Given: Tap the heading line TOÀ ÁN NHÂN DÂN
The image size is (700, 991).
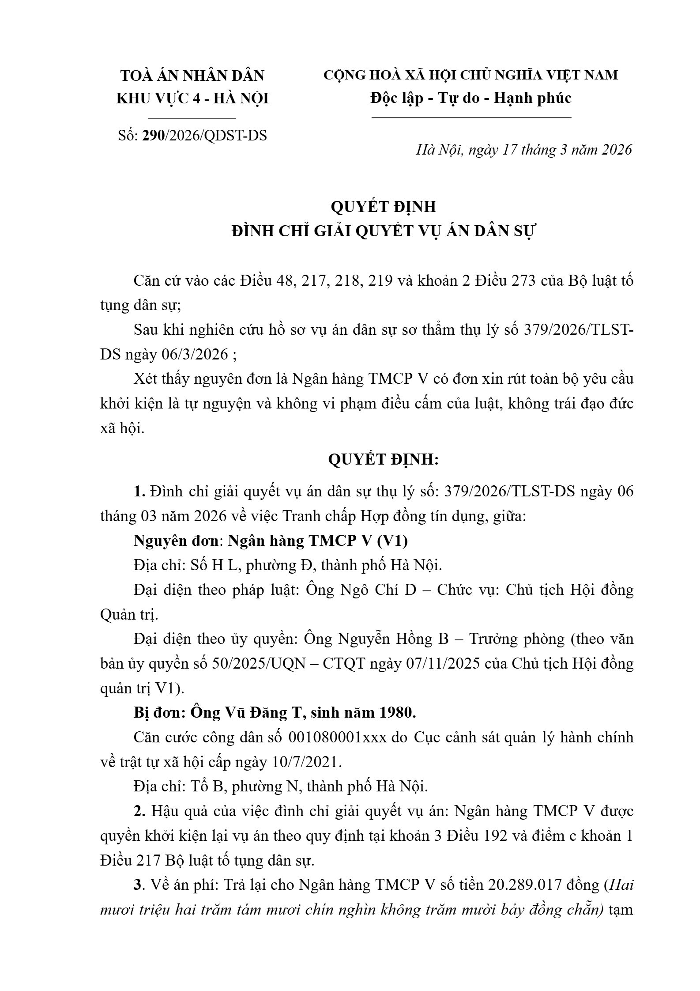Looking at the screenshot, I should (x=192, y=76).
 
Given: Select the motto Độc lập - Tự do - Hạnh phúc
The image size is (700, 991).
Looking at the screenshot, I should (x=471, y=98).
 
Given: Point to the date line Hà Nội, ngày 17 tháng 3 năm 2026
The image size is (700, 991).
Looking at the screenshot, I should (x=524, y=150).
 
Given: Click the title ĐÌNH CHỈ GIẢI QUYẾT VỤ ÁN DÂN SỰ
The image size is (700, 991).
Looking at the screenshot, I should (x=383, y=231).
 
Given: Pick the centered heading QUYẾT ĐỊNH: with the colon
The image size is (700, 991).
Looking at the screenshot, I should (x=383, y=460).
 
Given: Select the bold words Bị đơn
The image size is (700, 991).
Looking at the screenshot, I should (x=158, y=713).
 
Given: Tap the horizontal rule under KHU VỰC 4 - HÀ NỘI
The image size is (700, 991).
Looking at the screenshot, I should (x=192, y=118).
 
